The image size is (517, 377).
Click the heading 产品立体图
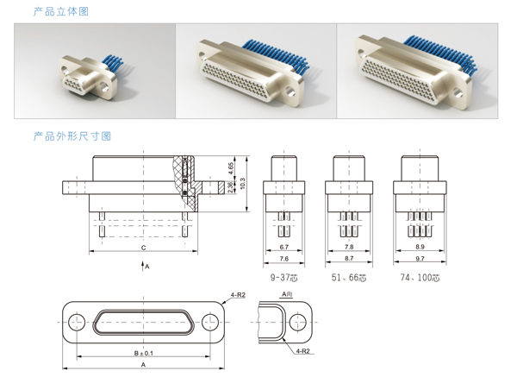[x=60, y=11]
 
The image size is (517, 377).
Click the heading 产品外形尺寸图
[x=72, y=136]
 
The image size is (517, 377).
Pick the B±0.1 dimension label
[x=143, y=353]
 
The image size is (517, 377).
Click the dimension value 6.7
[x=285, y=247]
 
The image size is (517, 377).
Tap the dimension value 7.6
[x=285, y=258]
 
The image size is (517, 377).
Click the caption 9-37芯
[x=285, y=278]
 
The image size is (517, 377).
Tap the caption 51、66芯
[x=349, y=278]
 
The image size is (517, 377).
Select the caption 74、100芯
[x=420, y=278]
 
